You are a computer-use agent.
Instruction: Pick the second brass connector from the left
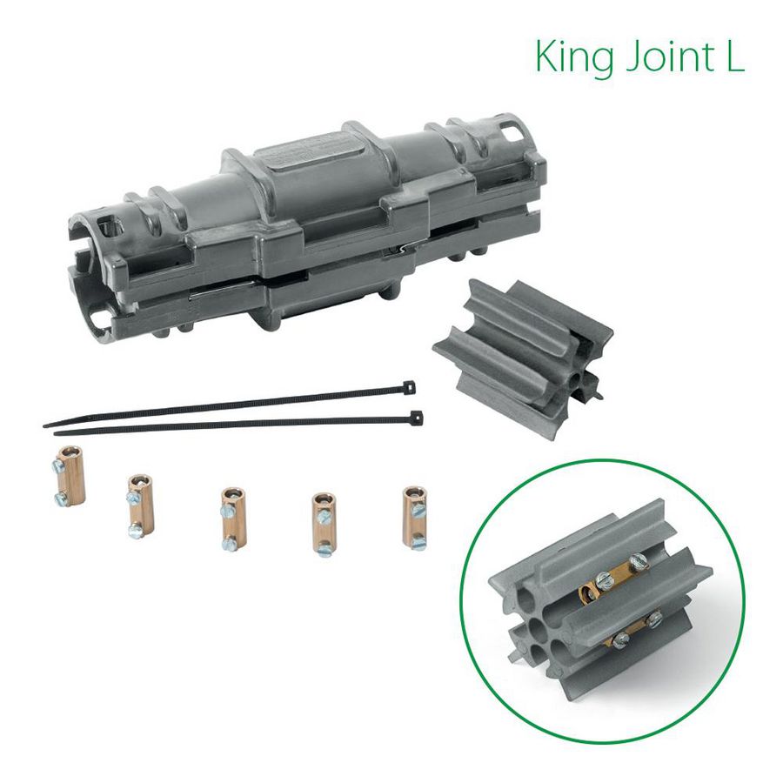pyautogui.click(x=139, y=505)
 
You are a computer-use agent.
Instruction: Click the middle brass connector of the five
pyautogui.click(x=229, y=519)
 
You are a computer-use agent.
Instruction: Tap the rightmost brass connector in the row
pyautogui.click(x=414, y=516)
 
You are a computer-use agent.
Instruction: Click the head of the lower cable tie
pyautogui.click(x=417, y=418)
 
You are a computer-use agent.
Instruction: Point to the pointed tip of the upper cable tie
pyautogui.click(x=45, y=425)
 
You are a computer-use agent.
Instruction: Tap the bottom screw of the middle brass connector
pyautogui.click(x=228, y=543)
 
